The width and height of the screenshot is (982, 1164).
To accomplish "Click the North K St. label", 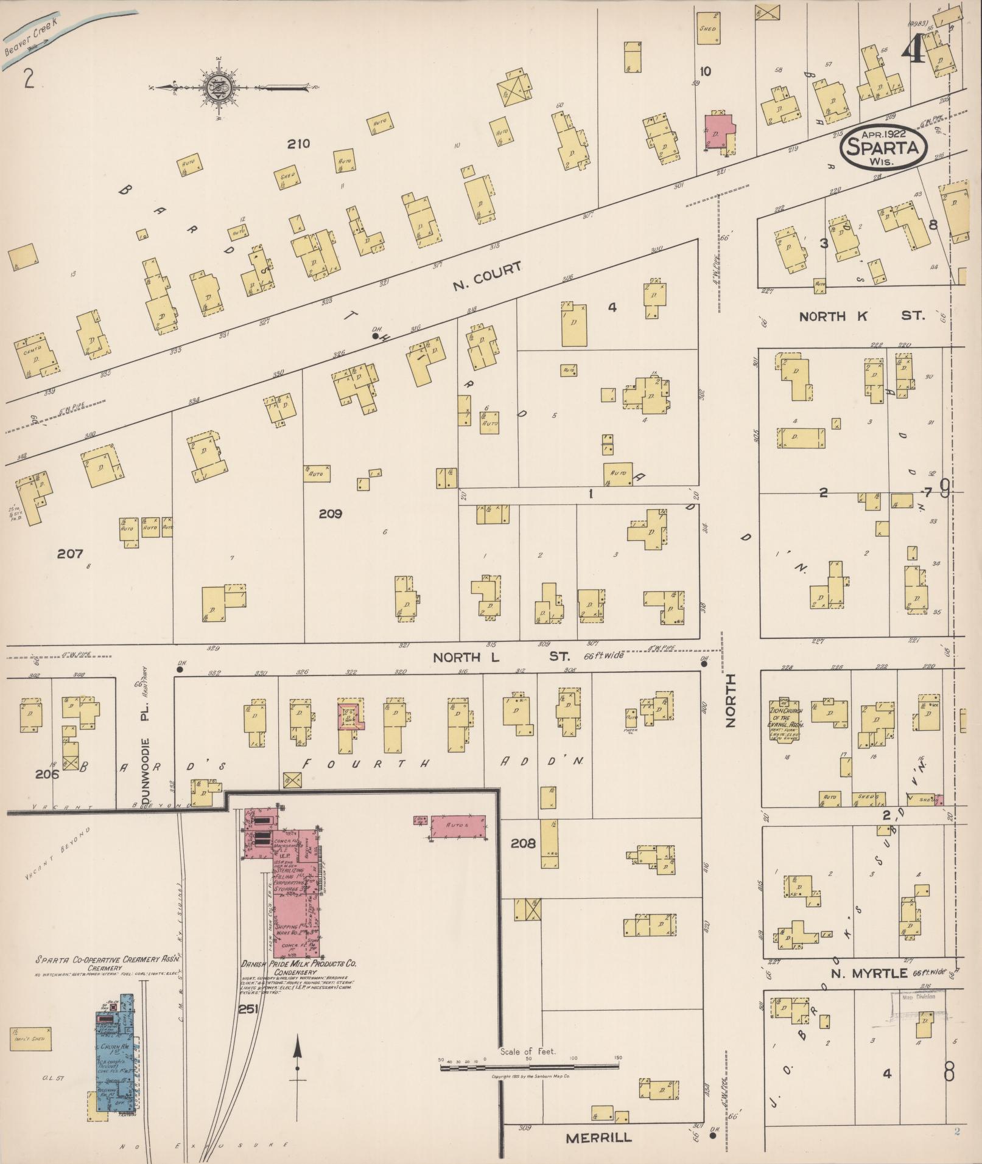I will pyautogui.click(x=861, y=316).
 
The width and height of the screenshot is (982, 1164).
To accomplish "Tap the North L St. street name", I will pyautogui.click(x=500, y=657).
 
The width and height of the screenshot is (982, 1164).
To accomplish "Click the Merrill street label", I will pyautogui.click(x=598, y=1137).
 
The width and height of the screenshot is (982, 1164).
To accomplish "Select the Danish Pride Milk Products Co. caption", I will pyautogui.click(x=300, y=964).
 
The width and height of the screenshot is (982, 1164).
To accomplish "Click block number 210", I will pyautogui.click(x=299, y=144).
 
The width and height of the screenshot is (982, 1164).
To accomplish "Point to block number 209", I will pyautogui.click(x=331, y=514).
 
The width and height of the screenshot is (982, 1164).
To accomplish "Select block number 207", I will pyautogui.click(x=70, y=554).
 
